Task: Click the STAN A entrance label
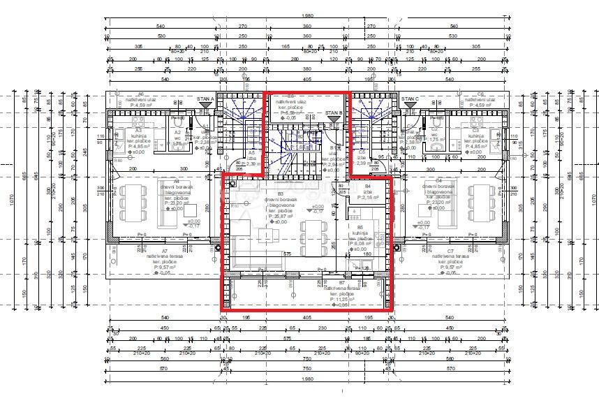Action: pyautogui.click(x=205, y=99)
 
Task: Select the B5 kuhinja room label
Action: pyautogui.click(x=360, y=228)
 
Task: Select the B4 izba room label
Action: pyautogui.click(x=367, y=187)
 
